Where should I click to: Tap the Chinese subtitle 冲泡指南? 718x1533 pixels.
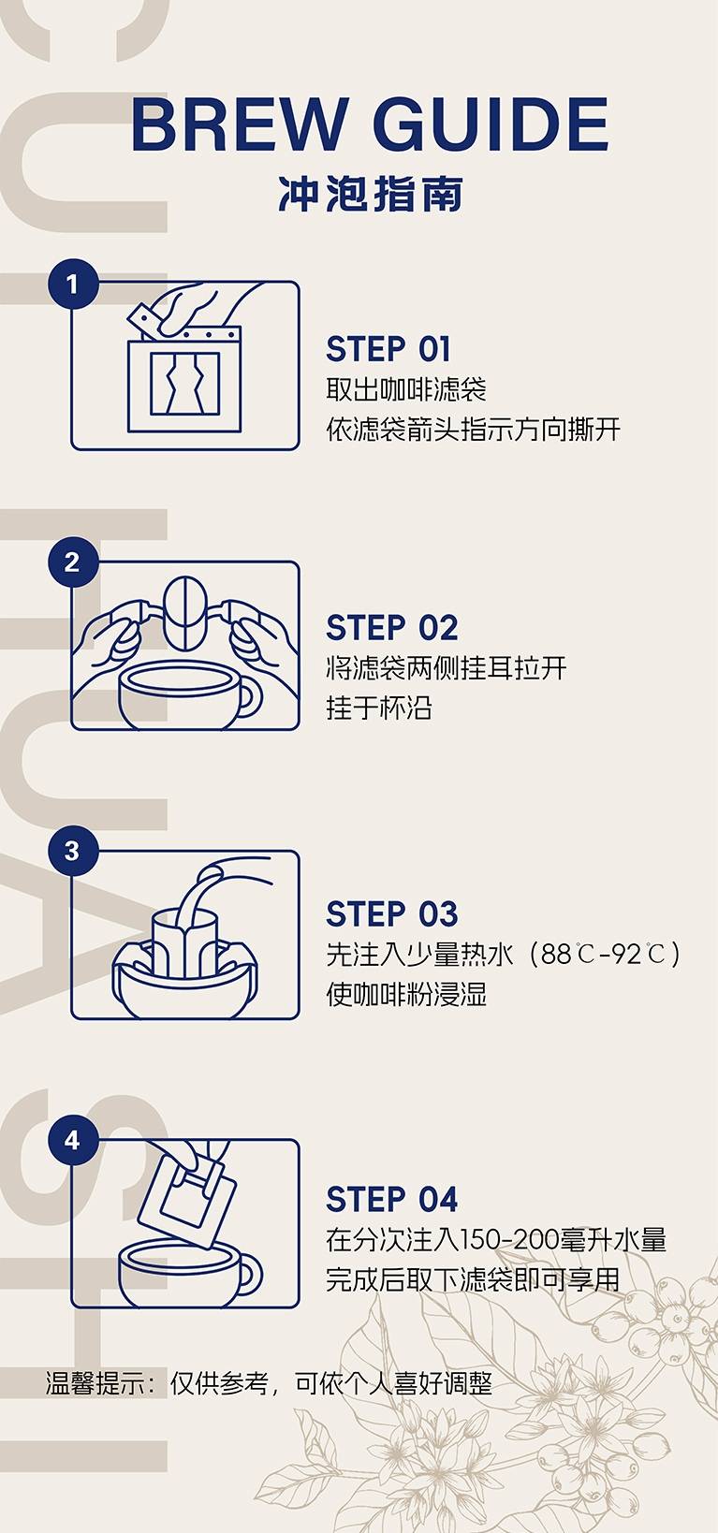pos(371,194)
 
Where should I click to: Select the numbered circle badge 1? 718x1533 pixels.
pos(73,284)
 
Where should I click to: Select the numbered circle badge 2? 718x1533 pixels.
pos(73,562)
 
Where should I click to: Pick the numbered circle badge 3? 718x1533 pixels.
pos(73,852)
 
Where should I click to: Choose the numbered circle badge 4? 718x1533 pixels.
pos(73,1140)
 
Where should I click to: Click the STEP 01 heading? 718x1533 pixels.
pos(388,349)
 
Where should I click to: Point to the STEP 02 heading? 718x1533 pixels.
pos(391,628)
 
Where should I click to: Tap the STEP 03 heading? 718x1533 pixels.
pos(391,913)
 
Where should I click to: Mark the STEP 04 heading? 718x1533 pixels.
pos(391,1199)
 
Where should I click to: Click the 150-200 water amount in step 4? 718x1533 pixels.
pos(508,1239)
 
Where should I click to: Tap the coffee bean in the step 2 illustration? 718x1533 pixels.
pos(184,612)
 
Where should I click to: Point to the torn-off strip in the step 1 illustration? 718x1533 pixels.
pos(144,320)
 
